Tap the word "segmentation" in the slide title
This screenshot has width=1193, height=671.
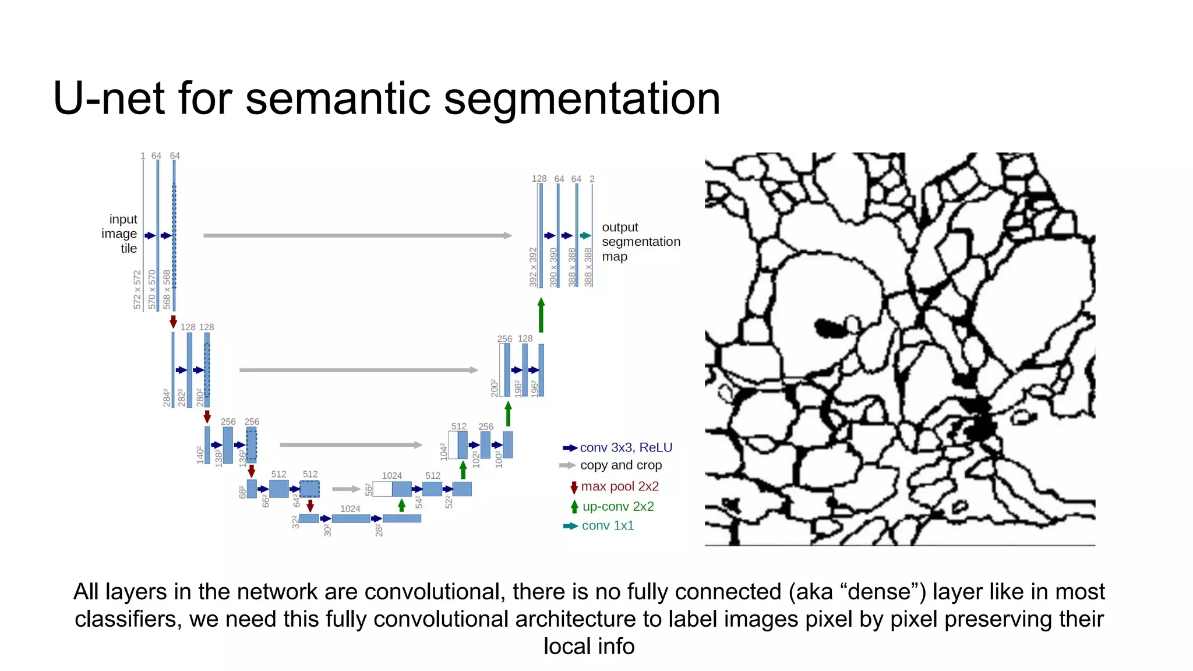tap(582, 98)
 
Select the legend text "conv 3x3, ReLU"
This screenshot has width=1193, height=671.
tap(626, 447)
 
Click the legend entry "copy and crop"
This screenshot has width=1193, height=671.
tap(620, 465)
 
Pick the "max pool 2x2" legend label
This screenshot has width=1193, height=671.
tap(619, 486)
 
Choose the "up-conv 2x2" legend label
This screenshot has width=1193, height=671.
tap(617, 507)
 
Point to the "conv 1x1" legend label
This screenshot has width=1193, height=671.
tap(608, 526)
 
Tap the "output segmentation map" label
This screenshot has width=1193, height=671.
tap(640, 242)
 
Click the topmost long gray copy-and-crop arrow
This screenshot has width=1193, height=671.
tap(357, 236)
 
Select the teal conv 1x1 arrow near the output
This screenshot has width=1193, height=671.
tap(585, 236)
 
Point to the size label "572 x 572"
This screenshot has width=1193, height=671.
tap(137, 289)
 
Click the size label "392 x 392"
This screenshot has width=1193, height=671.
tap(533, 267)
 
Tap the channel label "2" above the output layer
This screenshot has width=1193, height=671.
tap(592, 179)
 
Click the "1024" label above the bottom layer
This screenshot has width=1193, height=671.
tap(350, 509)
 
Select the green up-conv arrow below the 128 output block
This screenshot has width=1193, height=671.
tap(541, 315)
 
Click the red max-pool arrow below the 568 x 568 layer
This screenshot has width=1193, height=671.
tap(174, 322)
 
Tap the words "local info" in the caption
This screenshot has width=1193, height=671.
tap(589, 647)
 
